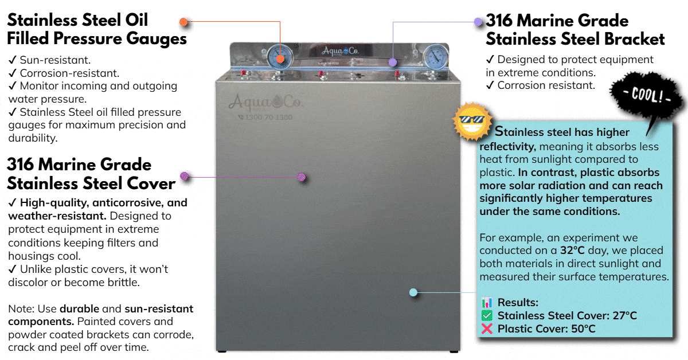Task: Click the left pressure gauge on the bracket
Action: click(280, 58)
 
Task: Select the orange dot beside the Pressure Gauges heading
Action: click(183, 22)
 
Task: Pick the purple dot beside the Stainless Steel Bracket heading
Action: click(478, 22)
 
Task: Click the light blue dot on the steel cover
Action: click(413, 292)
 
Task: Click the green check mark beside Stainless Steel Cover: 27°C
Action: click(487, 316)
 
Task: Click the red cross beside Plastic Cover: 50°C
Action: click(487, 329)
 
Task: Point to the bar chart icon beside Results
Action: click(487, 303)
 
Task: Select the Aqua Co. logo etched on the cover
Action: click(265, 102)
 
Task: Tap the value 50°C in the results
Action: click(583, 329)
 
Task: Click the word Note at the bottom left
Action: click(21, 309)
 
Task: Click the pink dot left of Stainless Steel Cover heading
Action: click(185, 176)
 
